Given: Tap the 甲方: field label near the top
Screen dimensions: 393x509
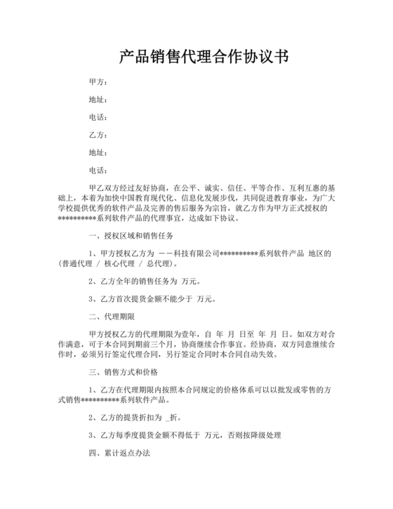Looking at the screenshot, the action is pos(98,83).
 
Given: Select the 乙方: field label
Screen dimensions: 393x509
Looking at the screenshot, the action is pos(98,134).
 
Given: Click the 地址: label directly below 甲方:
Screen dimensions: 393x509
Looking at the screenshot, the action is pos(98,100).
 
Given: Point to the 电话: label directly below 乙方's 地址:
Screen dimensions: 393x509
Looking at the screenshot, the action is pos(98,168).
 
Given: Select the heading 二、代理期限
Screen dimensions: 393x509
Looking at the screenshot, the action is pos(112,317).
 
